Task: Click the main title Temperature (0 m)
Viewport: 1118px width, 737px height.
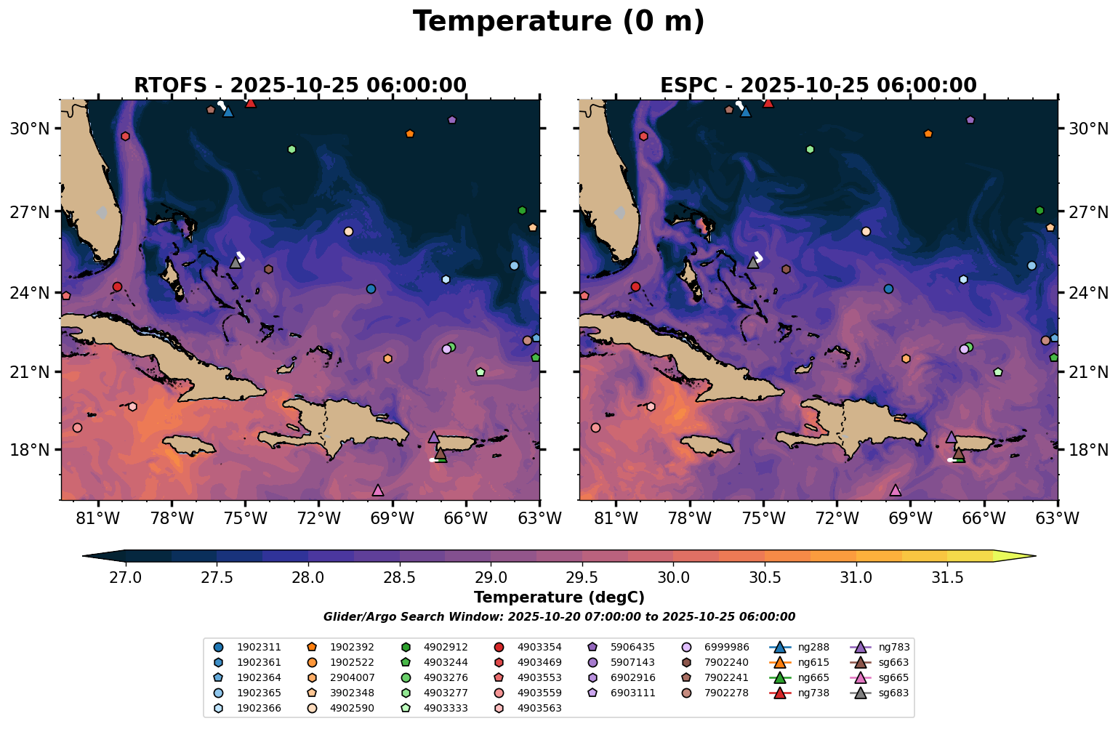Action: pos(558,22)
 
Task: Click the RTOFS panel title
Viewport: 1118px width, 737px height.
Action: pos(299,86)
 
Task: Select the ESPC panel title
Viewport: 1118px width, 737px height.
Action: pos(818,86)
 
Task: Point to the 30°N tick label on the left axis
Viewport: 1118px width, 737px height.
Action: pos(29,129)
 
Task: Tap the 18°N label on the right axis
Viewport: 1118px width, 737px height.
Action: pos(1088,450)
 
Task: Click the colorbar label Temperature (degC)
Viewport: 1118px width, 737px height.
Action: pos(558,597)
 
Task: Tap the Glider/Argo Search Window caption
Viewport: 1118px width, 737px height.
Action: pos(558,617)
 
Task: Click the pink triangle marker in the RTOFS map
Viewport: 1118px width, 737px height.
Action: pos(377,491)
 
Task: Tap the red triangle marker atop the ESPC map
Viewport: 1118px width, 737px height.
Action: pos(768,102)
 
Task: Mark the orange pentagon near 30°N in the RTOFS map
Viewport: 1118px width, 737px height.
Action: pos(410,134)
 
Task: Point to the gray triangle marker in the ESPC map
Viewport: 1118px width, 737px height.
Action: pos(753,262)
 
